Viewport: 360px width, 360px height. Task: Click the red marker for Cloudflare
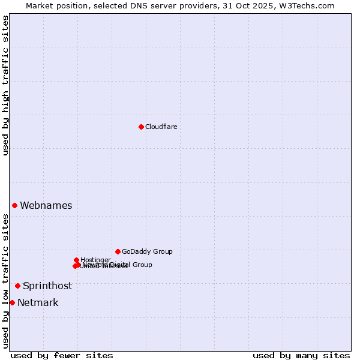click(x=141, y=127)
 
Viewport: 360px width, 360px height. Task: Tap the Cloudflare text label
click(x=161, y=127)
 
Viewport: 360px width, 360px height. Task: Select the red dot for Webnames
click(x=14, y=205)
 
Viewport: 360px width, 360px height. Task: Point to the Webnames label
click(x=46, y=205)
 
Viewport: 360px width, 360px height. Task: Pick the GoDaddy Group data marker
click(x=118, y=251)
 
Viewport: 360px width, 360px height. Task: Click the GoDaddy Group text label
click(x=147, y=251)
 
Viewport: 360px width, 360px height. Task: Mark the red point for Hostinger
click(x=76, y=260)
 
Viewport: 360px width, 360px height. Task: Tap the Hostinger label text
click(x=96, y=260)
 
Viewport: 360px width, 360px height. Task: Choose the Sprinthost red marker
click(x=17, y=286)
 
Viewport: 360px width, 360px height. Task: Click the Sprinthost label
click(x=47, y=286)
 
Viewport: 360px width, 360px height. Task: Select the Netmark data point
click(x=12, y=302)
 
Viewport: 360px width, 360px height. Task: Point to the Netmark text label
click(x=38, y=302)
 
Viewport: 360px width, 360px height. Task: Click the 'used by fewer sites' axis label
click(x=62, y=355)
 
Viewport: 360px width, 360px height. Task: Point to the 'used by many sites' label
click(x=301, y=355)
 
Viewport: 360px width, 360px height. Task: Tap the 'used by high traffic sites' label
click(x=5, y=85)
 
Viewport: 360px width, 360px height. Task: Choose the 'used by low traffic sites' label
click(x=5, y=281)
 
